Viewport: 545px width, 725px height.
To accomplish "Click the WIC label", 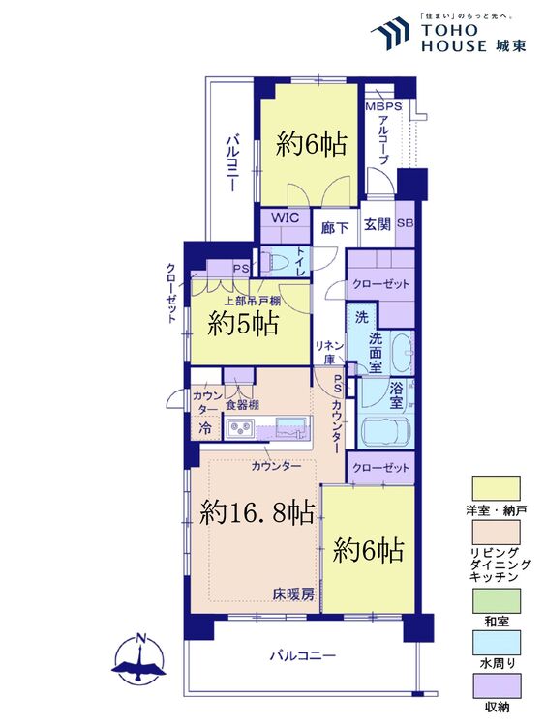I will (284, 219).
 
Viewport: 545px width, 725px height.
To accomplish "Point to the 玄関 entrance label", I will (377, 225).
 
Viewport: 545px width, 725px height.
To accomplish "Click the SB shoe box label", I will (405, 224).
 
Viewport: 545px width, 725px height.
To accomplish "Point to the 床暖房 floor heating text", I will (292, 594).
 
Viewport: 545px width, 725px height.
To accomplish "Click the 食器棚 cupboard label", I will (242, 405).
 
